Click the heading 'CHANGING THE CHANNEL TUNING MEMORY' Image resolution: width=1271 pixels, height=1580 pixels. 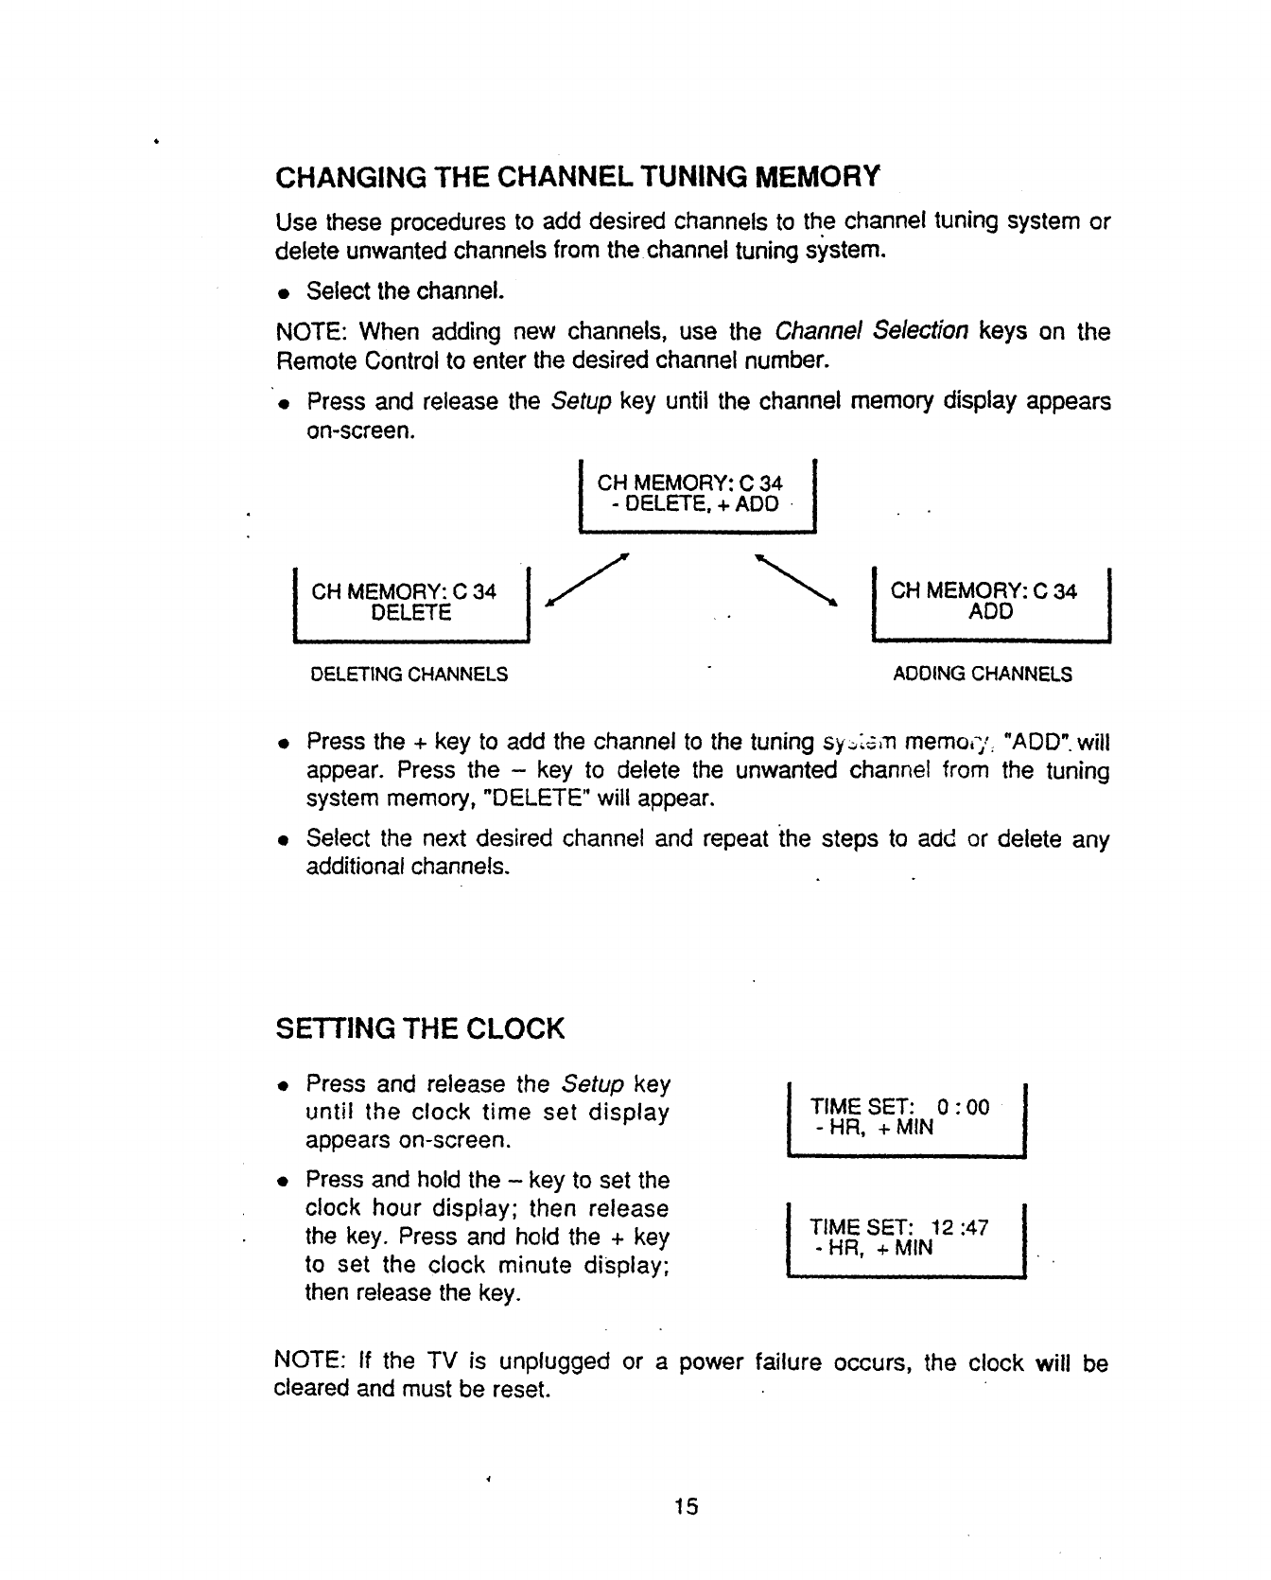(x=576, y=177)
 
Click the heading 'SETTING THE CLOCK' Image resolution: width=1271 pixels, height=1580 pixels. (x=419, y=1028)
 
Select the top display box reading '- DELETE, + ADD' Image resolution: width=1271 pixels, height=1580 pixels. (x=696, y=495)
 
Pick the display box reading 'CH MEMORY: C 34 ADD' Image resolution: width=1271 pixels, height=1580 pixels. (x=989, y=603)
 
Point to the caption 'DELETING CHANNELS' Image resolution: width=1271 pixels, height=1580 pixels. (x=409, y=675)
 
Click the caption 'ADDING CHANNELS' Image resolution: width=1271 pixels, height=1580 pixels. (x=983, y=675)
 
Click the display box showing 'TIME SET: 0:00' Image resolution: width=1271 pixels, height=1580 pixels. (x=905, y=1117)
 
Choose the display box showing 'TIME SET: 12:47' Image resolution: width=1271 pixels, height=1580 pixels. (x=905, y=1238)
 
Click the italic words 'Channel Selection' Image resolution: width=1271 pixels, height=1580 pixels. (x=871, y=331)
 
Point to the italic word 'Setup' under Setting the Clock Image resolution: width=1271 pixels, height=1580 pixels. (x=592, y=1083)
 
